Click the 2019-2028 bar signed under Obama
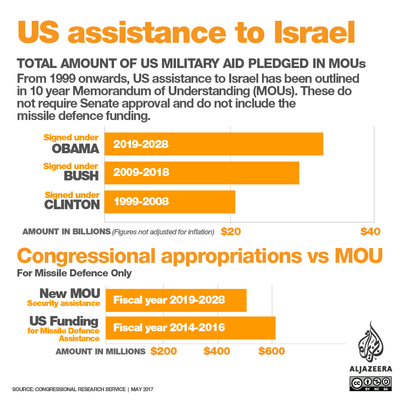214,144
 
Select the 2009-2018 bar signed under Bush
202,173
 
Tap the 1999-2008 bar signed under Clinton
170,202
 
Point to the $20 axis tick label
231,232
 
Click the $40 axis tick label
370,232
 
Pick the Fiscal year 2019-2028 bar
176,300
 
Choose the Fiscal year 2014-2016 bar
190,328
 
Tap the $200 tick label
164,351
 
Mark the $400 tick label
217,351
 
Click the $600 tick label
271,351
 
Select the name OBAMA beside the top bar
76,149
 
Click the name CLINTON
72,205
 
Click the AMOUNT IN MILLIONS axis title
100,352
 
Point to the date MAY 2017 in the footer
142,389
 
